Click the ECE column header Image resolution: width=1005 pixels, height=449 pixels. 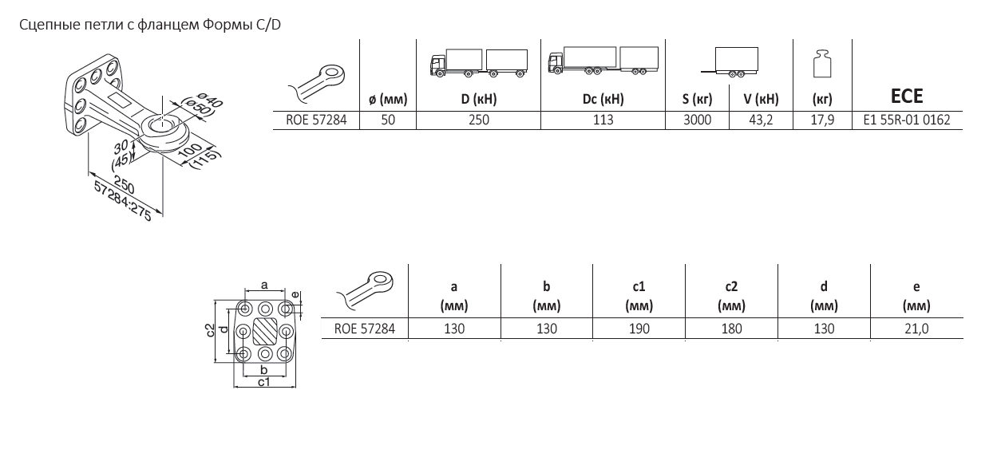pos(907,96)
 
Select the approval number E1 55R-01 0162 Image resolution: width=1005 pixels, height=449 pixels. pos(907,120)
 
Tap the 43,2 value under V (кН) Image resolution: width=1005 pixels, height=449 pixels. pos(761,120)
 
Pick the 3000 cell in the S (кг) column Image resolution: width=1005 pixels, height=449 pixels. pos(697,120)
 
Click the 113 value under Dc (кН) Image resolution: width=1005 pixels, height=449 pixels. pos(603,120)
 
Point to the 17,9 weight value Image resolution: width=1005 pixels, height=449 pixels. pos(822,120)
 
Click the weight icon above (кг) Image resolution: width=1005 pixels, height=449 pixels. pos(822,63)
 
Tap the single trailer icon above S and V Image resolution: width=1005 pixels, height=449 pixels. pos(730,62)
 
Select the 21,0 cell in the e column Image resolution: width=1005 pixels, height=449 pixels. pos(916,329)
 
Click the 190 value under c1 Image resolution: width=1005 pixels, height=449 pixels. pos(639,329)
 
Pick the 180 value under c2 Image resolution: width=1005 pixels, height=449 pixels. pos(731,329)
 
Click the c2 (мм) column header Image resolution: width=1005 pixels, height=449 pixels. pos(731,296)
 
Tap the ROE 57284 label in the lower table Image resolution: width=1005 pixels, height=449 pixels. pos(365,329)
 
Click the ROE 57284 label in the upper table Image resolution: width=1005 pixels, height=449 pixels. pos(316,120)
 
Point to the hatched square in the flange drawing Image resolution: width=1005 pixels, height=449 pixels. pos(265,331)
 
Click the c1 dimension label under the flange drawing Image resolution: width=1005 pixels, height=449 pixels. pos(263,382)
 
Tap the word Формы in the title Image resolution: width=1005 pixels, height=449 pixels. pos(228,25)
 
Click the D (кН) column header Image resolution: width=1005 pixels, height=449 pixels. pos(479,99)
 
